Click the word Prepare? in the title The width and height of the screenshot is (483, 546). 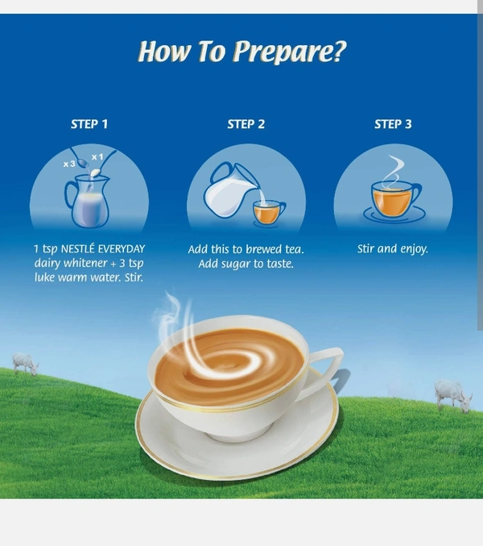[290, 52]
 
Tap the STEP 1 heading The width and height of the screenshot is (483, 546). [89, 124]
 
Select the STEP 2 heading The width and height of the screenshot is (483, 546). [246, 124]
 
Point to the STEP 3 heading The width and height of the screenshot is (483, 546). [393, 124]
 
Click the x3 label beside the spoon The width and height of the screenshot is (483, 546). [69, 164]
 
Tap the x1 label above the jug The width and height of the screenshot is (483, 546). [97, 157]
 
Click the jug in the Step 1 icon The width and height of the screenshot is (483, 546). [88, 202]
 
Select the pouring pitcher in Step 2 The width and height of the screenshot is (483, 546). [231, 190]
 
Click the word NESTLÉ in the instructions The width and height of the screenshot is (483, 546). [77, 249]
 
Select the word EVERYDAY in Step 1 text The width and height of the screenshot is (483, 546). [122, 249]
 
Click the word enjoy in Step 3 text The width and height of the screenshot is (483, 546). [415, 249]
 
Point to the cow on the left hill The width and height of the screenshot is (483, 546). [25, 364]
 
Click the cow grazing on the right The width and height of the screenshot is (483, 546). [453, 395]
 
